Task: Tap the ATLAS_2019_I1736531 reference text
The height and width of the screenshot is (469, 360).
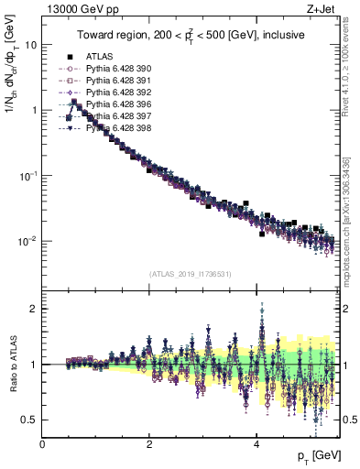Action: (x=190, y=273)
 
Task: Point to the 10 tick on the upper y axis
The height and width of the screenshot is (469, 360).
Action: (x=29, y=44)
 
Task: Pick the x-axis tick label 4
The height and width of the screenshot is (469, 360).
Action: (x=256, y=444)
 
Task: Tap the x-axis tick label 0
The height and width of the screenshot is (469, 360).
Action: (x=43, y=444)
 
